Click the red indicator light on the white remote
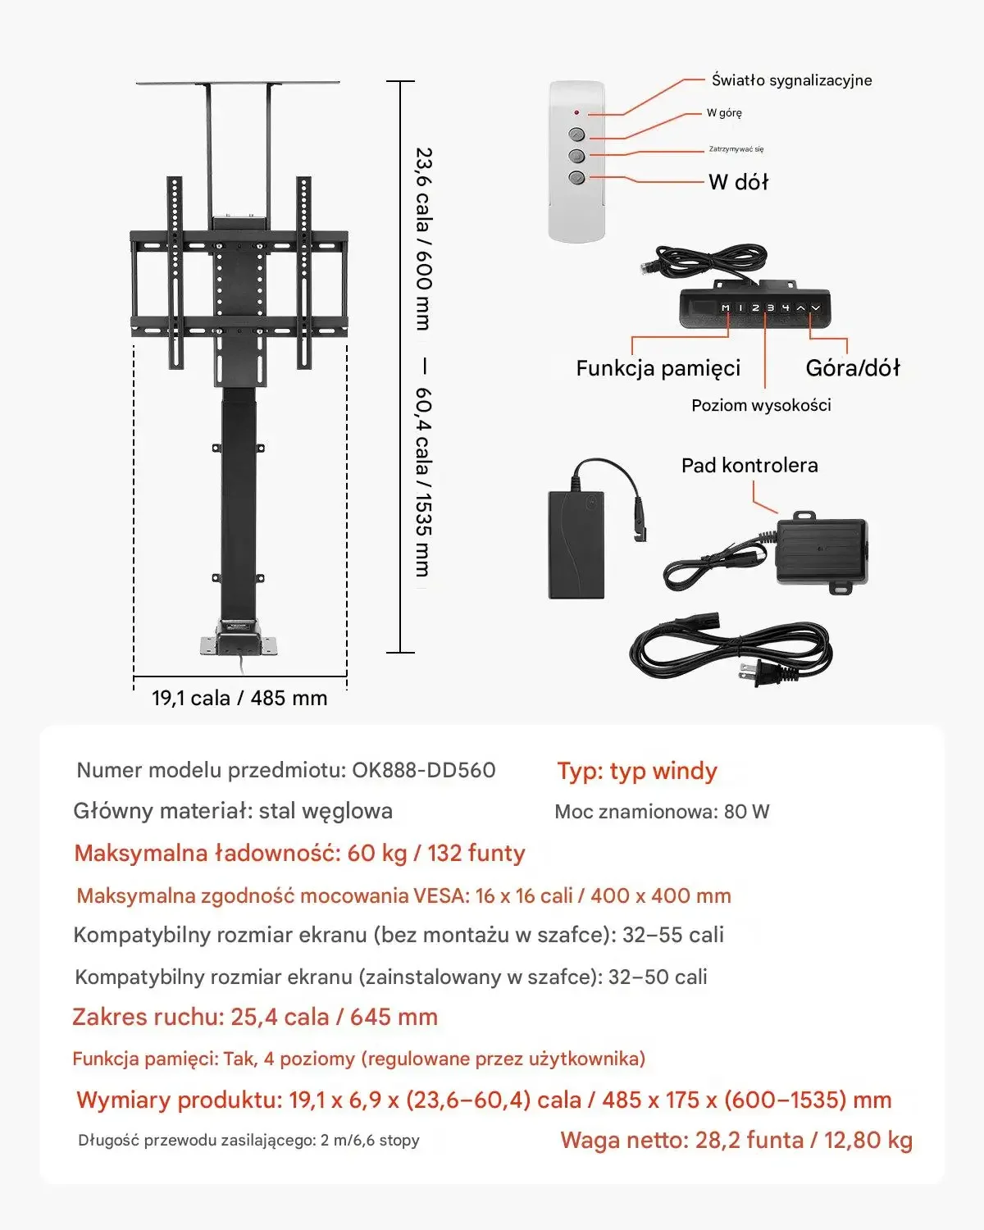(x=576, y=112)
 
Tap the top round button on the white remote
(x=576, y=134)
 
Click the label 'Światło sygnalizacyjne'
(x=791, y=80)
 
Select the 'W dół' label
(x=738, y=182)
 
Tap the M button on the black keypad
(x=726, y=307)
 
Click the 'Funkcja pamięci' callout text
(x=658, y=368)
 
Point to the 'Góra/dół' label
(x=852, y=368)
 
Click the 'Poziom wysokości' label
(x=761, y=405)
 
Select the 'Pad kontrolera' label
(x=749, y=466)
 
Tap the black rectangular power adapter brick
(x=576, y=544)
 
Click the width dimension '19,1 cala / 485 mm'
(x=239, y=698)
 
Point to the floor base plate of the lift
(x=240, y=646)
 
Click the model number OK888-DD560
(x=423, y=770)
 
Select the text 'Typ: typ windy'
(x=637, y=771)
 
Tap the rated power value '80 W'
(x=746, y=812)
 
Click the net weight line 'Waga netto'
(x=736, y=1140)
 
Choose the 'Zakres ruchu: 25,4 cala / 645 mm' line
(x=255, y=1017)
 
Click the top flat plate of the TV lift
(x=238, y=83)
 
